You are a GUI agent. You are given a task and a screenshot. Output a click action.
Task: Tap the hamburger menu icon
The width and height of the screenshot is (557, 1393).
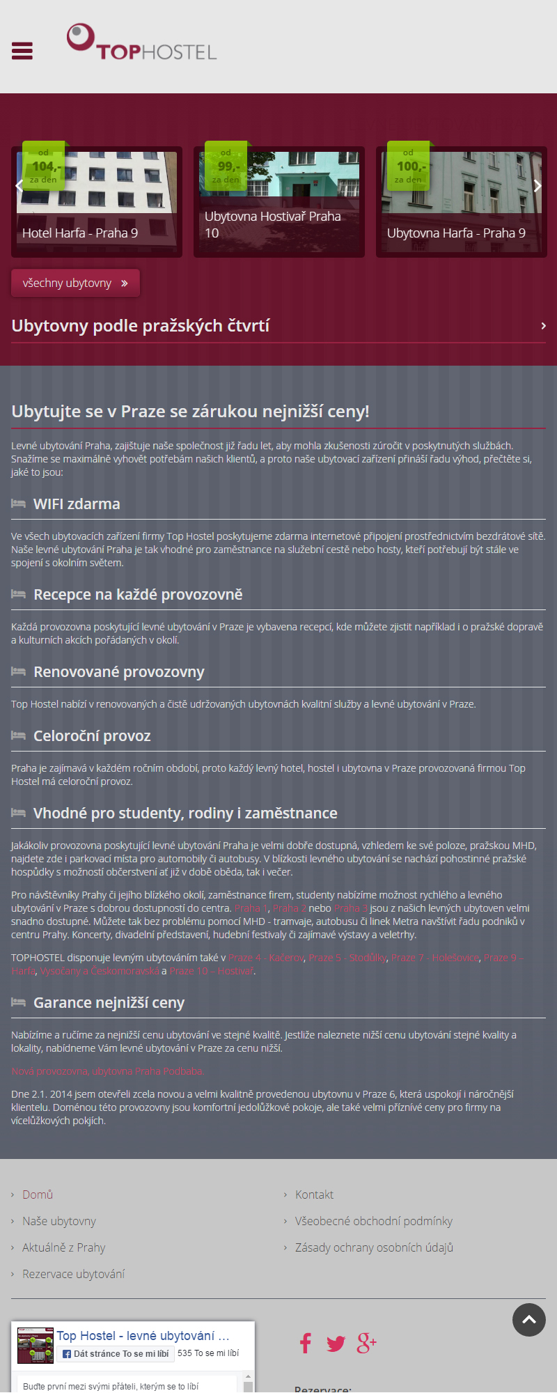click(x=22, y=51)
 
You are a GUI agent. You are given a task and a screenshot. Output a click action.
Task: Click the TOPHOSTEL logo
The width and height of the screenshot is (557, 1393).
click(x=142, y=43)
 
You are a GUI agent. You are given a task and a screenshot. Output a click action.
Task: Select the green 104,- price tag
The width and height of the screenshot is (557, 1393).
click(x=44, y=166)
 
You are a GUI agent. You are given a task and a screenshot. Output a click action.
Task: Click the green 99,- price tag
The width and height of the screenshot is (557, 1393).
click(x=226, y=166)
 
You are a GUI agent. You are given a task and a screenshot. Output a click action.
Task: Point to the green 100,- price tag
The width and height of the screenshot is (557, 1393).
click(x=409, y=166)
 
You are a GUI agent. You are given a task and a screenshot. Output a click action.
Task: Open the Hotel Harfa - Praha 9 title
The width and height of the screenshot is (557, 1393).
click(x=80, y=233)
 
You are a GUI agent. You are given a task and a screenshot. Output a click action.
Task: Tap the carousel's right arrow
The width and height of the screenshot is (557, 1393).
click(x=537, y=186)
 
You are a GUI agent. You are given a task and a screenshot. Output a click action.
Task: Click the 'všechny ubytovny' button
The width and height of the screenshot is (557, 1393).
click(x=75, y=283)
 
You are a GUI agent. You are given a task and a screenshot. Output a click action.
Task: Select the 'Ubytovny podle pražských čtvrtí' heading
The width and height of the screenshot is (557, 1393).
click(x=141, y=326)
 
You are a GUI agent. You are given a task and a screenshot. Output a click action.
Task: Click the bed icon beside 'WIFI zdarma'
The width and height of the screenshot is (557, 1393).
click(x=19, y=504)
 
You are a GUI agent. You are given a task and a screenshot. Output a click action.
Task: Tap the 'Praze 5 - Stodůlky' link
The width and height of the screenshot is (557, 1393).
click(x=347, y=958)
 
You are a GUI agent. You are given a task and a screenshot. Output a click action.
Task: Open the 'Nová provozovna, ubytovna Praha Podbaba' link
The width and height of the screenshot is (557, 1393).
click(x=107, y=1071)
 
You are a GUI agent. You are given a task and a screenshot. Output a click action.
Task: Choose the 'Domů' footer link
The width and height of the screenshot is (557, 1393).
click(x=38, y=1194)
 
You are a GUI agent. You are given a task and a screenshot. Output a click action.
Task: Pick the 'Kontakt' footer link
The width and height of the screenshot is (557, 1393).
click(x=314, y=1194)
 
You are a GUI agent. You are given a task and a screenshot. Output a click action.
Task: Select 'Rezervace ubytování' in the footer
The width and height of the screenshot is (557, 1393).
click(x=73, y=1274)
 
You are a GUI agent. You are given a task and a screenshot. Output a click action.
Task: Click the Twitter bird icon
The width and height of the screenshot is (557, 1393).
click(x=336, y=1344)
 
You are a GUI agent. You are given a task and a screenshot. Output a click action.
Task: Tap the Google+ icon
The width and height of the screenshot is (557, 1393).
click(x=366, y=1343)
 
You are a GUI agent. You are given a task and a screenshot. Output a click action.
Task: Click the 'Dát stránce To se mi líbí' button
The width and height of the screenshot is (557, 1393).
click(x=116, y=1353)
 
